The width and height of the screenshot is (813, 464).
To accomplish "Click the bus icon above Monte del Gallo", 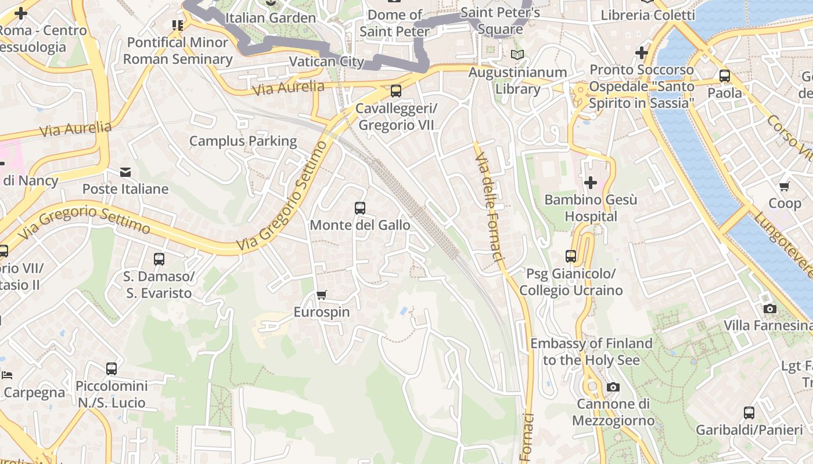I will coord(360,208).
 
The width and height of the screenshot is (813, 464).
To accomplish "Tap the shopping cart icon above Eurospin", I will coord(322,295).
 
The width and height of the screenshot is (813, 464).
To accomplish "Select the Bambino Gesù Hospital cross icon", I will coord(591,183).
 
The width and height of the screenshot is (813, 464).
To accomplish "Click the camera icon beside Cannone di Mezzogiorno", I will coord(613,387).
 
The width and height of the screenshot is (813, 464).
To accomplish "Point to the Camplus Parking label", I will coord(243,141).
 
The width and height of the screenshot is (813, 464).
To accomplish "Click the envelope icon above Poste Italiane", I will coord(125,172).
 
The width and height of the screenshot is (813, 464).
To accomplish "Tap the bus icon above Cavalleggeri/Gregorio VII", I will coord(396,91).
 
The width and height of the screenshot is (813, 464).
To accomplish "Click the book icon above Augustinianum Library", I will coord(517,55).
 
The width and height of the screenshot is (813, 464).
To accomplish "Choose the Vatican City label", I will coord(326,61).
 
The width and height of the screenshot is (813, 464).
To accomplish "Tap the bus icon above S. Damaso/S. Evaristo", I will coord(159,259).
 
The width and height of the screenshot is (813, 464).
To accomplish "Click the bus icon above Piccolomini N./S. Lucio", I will coord(111,369).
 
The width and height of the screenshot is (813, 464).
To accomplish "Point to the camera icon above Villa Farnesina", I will coord(770,309).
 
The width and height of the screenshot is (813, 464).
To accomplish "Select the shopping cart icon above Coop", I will coord(785,186).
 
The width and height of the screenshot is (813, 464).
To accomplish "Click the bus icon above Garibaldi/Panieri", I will coord(749,413).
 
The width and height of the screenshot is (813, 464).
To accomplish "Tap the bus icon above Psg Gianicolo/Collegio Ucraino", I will coord(571,256).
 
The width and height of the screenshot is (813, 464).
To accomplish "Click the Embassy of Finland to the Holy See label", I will coord(591,351).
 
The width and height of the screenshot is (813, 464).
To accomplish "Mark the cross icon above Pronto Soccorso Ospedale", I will coord(642,53).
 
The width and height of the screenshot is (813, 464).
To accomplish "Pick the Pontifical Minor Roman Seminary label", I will coord(178,50).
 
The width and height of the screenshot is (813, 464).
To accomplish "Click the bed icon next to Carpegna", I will coord(7,375).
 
